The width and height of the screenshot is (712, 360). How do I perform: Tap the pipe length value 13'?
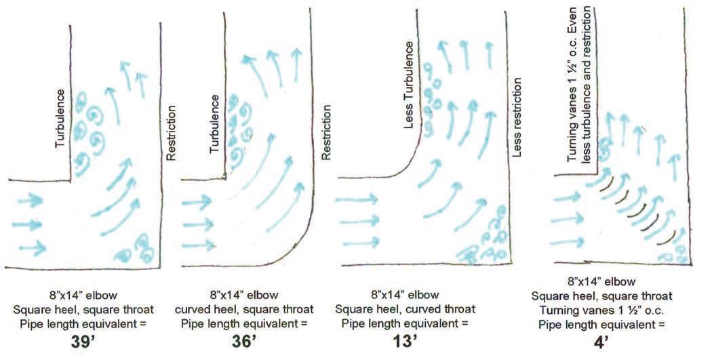click(405, 342)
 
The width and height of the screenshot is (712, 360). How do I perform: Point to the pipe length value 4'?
click(601, 342)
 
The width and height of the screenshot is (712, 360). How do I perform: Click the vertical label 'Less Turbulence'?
click(409, 85)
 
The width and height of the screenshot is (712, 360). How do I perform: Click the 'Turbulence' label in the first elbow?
click(60, 118)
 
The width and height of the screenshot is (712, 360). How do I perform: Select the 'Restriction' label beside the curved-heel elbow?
click(325, 132)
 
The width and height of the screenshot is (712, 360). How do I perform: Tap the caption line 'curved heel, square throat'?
click(244, 310)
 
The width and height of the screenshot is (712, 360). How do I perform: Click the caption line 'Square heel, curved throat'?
click(405, 310)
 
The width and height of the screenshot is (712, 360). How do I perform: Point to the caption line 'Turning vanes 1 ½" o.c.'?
click(601, 311)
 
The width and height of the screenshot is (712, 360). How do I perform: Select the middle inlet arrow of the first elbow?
click(27, 224)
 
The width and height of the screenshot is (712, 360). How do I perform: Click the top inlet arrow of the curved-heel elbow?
click(196, 200)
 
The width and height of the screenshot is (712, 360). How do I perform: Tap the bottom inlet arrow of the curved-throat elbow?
click(361, 243)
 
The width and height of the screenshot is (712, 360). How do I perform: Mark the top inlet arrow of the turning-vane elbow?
click(567, 197)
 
